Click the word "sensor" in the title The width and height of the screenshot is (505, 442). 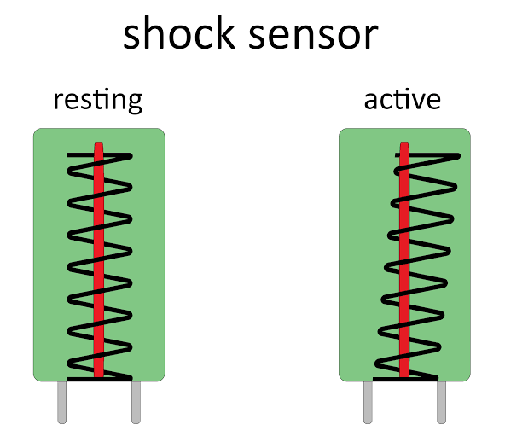point(316,35)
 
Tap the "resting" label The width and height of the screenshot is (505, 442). point(97,100)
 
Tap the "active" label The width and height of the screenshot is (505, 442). point(402,100)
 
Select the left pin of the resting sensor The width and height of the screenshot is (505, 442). point(62,402)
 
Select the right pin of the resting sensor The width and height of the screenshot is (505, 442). point(136,402)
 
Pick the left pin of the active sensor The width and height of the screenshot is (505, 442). point(368,402)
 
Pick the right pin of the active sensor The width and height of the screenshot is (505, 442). point(441,402)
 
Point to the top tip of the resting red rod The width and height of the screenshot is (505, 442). point(99,146)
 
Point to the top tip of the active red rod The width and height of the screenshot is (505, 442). point(404,146)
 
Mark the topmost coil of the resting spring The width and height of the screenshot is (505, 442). point(99,156)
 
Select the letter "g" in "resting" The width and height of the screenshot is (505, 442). point(132,103)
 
